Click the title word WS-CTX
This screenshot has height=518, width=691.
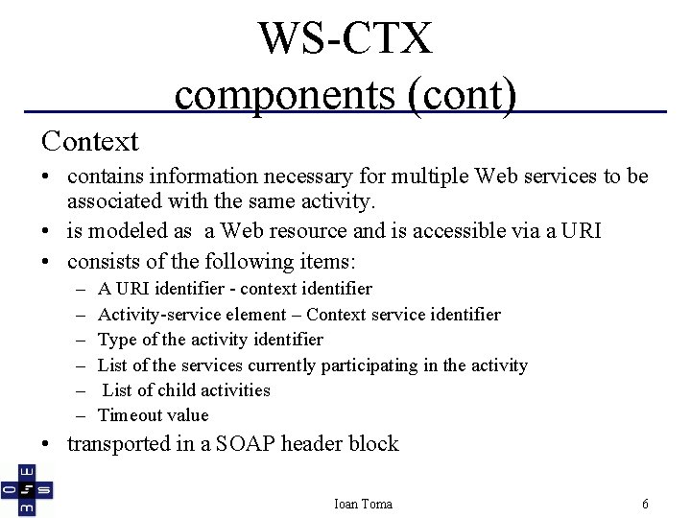[x=345, y=38]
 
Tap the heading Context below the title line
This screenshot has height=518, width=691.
[x=90, y=141]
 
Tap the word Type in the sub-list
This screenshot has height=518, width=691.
[x=118, y=340]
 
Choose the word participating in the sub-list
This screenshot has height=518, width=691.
[x=383, y=365]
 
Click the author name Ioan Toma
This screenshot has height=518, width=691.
[x=363, y=504]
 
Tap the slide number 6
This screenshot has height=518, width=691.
[x=646, y=504]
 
